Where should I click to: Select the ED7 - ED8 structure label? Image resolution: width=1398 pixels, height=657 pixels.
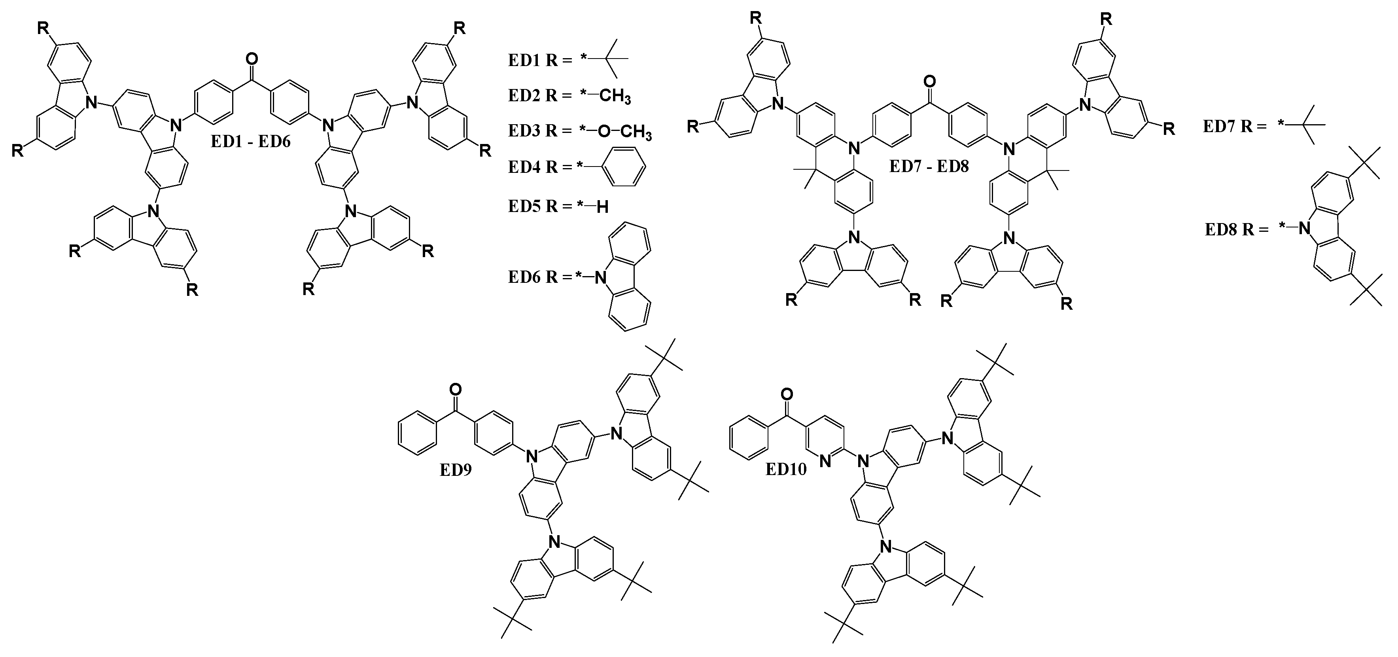929,166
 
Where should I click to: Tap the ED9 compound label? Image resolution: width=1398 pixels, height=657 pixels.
455,470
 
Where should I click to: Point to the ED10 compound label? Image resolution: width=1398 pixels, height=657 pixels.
786,469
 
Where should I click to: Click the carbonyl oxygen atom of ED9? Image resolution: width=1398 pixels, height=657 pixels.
456,389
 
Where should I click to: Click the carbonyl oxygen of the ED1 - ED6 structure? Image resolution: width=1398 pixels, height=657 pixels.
251,58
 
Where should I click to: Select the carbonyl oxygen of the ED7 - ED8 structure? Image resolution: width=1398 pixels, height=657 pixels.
930,82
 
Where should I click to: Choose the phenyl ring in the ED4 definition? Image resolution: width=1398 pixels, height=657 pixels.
624,167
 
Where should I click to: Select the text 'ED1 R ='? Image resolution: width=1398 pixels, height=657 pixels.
540,60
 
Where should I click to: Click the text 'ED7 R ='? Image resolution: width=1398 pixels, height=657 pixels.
1235,127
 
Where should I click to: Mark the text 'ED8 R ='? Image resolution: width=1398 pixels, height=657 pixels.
1237,230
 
